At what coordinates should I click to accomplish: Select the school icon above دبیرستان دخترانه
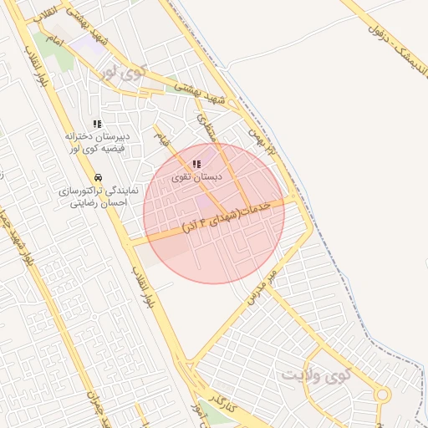point(97,124)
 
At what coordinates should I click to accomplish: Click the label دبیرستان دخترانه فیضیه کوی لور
point(97,142)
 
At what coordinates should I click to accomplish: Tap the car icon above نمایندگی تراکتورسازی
point(99,177)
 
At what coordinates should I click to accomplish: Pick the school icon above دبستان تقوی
point(196,165)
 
